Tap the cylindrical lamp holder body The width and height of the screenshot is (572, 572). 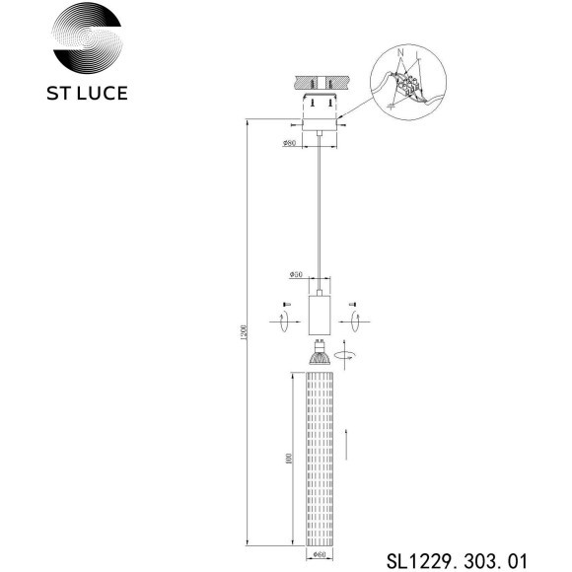tap(320, 313)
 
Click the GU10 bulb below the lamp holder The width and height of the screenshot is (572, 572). tap(320, 353)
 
